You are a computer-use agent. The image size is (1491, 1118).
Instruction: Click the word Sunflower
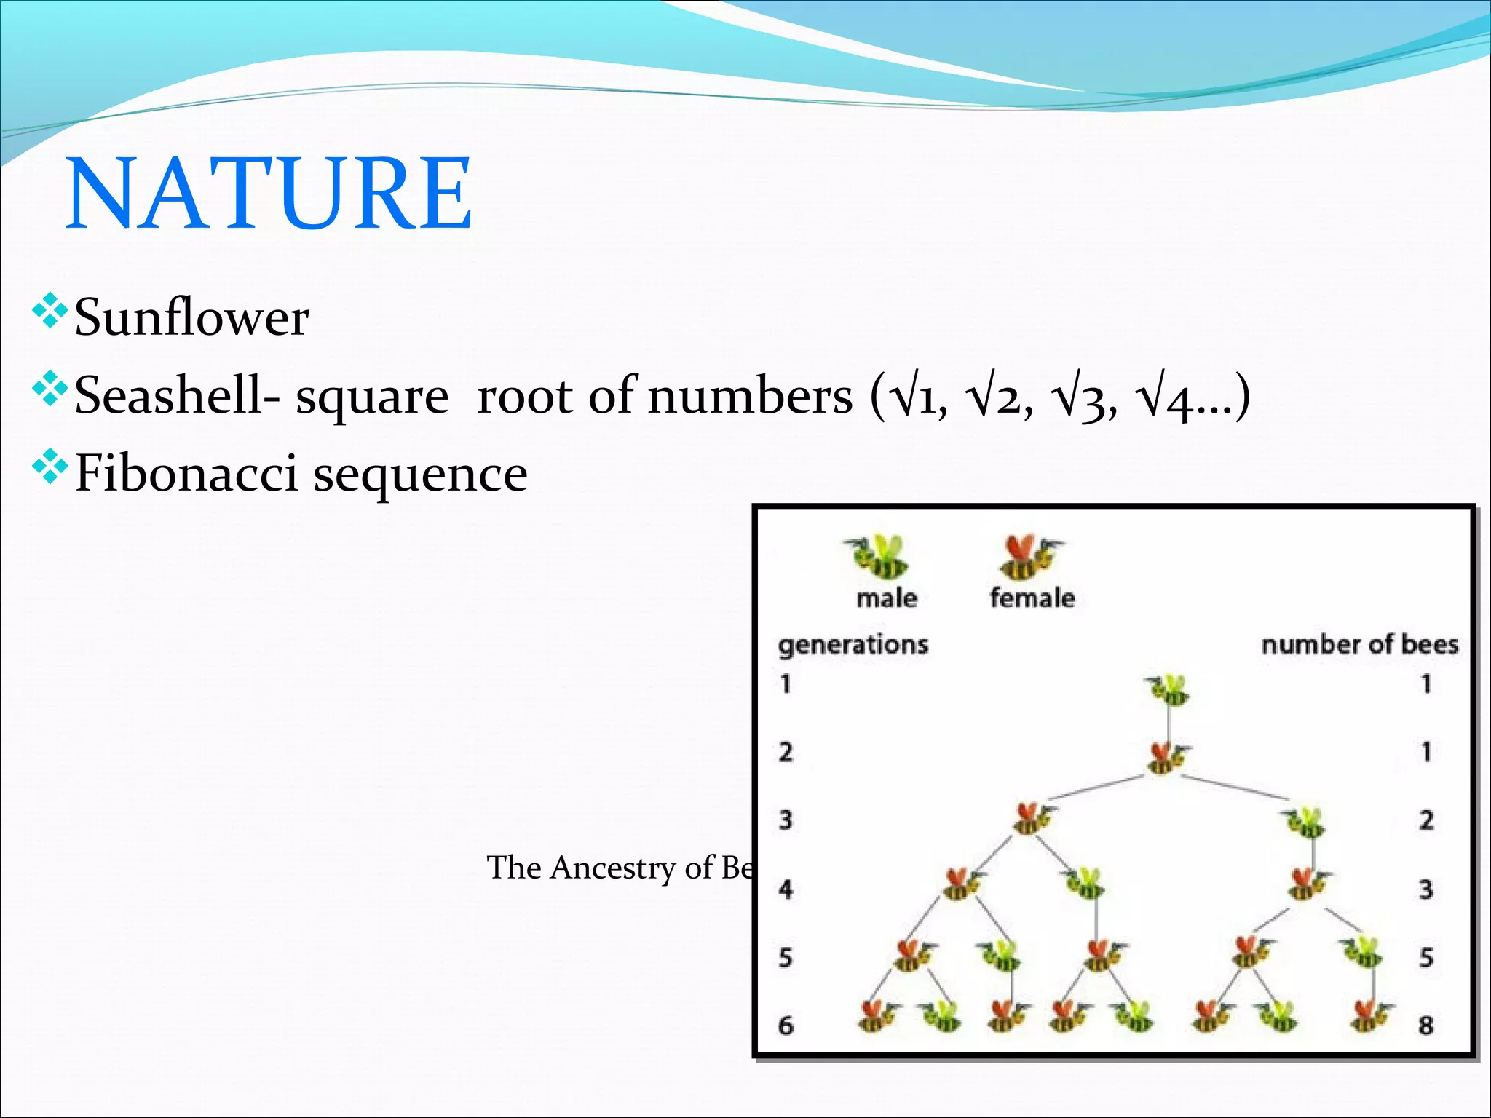click(x=191, y=318)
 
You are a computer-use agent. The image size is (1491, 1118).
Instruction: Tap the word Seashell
click(x=169, y=397)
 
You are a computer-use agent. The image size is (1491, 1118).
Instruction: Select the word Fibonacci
click(x=186, y=474)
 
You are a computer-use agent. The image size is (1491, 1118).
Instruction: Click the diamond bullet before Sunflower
click(x=50, y=311)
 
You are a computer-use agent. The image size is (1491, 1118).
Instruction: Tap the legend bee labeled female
click(x=1029, y=556)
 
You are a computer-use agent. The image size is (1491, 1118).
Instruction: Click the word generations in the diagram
click(x=853, y=645)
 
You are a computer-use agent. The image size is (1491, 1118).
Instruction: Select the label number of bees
click(x=1359, y=644)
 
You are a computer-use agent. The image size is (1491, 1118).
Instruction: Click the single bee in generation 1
click(x=1168, y=689)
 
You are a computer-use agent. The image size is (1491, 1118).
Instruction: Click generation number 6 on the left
click(x=786, y=1026)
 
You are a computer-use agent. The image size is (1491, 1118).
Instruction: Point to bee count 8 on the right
click(x=1425, y=1026)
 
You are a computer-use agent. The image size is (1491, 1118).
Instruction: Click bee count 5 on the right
click(x=1425, y=957)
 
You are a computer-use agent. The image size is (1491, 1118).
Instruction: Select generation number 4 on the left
click(x=786, y=889)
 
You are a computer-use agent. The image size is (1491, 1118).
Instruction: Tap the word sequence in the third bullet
click(x=420, y=475)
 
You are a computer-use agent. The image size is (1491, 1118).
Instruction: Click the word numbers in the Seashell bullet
click(x=750, y=397)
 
